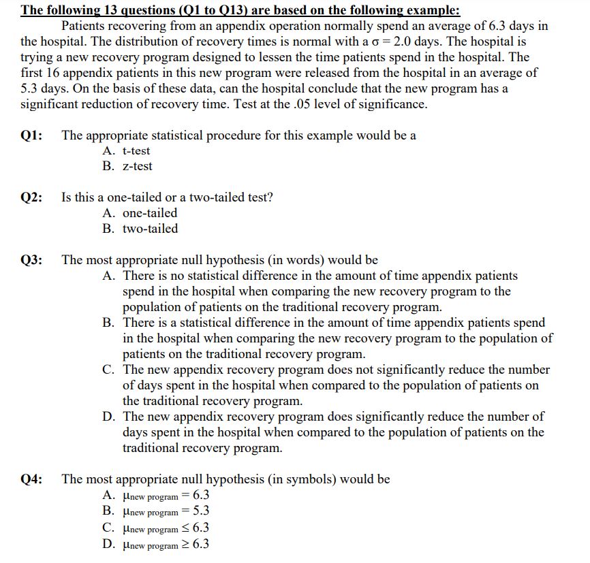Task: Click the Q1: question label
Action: pyautogui.click(x=32, y=135)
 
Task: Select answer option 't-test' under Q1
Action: pyautogui.click(x=136, y=151)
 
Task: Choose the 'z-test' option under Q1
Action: pyautogui.click(x=137, y=166)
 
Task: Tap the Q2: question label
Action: pyautogui.click(x=32, y=197)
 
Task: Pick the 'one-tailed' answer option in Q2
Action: pyautogui.click(x=149, y=213)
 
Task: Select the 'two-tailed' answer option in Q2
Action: pyautogui.click(x=150, y=229)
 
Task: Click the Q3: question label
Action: pyautogui.click(x=32, y=260)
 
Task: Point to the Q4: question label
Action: pyautogui.click(x=32, y=479)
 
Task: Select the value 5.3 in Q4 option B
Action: pyautogui.click(x=201, y=511)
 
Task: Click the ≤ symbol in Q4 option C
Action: pyautogui.click(x=187, y=528)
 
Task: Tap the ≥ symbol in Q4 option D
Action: pyautogui.click(x=187, y=544)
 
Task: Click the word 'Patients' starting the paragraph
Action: pyautogui.click(x=84, y=27)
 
